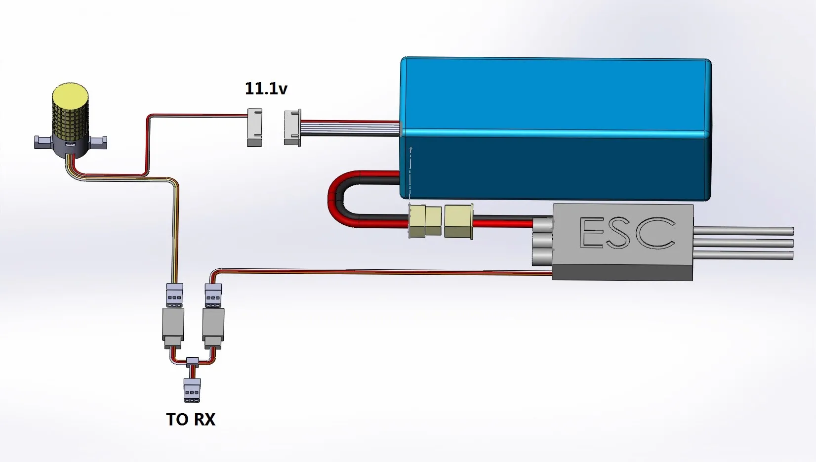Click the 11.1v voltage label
tap(266, 88)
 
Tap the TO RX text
tap(191, 420)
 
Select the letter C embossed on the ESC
tap(655, 233)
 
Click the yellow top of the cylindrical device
tap(71, 95)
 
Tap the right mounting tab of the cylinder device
tap(98, 142)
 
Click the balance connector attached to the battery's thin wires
tap(292, 127)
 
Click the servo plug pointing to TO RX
tap(192, 390)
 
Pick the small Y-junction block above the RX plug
tap(192, 361)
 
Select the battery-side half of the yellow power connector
tap(425, 221)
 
